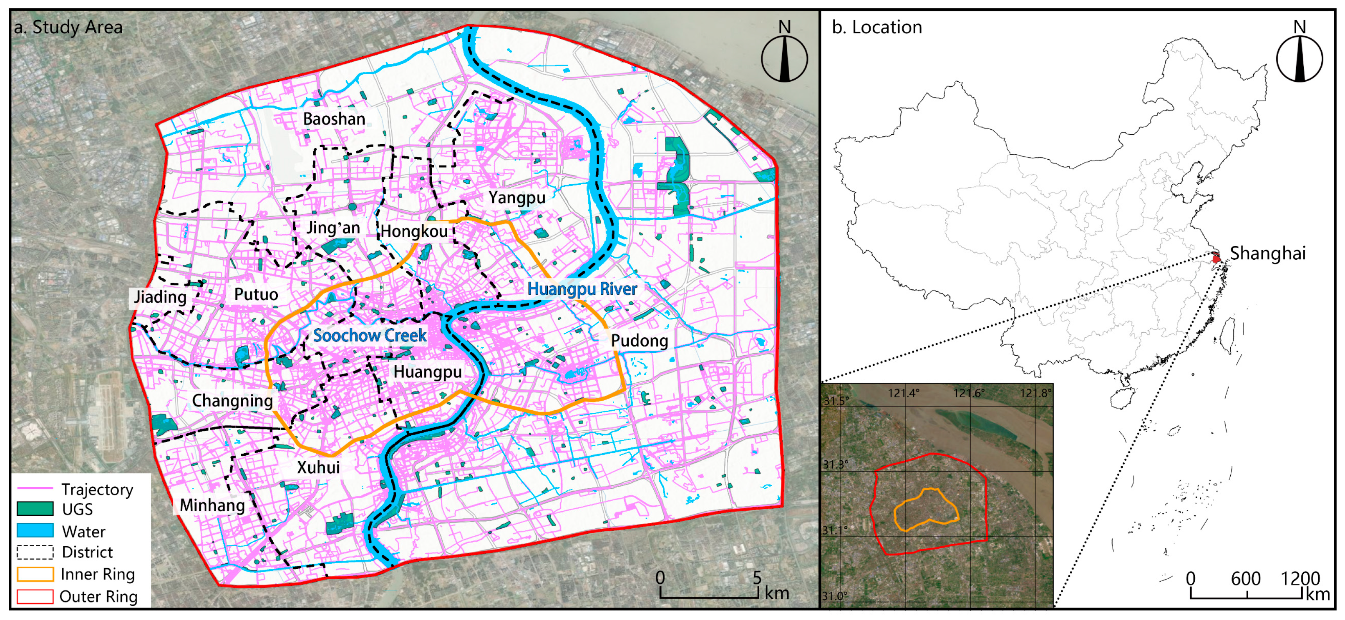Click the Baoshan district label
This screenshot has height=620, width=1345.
coord(334,119)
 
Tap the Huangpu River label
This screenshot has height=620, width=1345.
coord(582,289)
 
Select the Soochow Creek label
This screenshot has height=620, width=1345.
coord(370,336)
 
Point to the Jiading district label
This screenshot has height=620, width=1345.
coord(160,297)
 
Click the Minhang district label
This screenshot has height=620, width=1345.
coord(212,505)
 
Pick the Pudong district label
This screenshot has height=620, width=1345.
coord(639,341)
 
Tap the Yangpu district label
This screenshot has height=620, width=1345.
coord(517,198)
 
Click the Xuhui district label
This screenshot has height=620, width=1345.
coord(318,467)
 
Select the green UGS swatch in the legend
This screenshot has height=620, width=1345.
coord(35,509)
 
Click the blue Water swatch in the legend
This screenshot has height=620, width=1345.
coord(35,531)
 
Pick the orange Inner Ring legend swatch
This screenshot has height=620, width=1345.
coord(35,574)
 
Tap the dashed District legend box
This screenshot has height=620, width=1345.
coord(35,552)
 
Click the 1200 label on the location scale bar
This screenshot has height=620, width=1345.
coord(1300,578)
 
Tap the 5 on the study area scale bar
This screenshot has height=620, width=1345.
coord(757,577)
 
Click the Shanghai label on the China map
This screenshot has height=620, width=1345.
coord(1267,254)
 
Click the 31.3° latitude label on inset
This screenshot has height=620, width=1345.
coord(835,464)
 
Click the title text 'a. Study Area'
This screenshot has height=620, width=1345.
coord(68,27)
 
